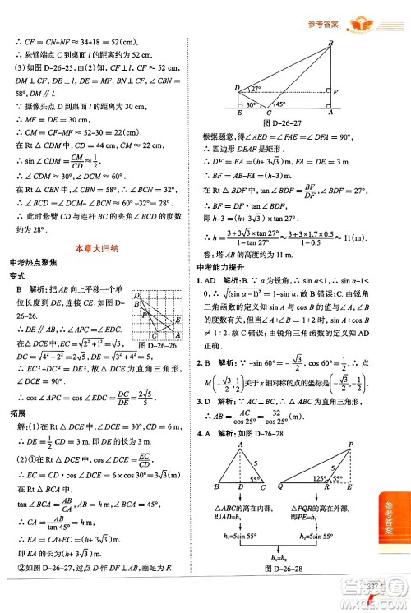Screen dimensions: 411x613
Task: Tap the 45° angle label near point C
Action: click(280, 104)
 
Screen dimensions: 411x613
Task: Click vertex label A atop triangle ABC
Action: click(239, 443)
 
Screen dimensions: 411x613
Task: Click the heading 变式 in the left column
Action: click(15, 276)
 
